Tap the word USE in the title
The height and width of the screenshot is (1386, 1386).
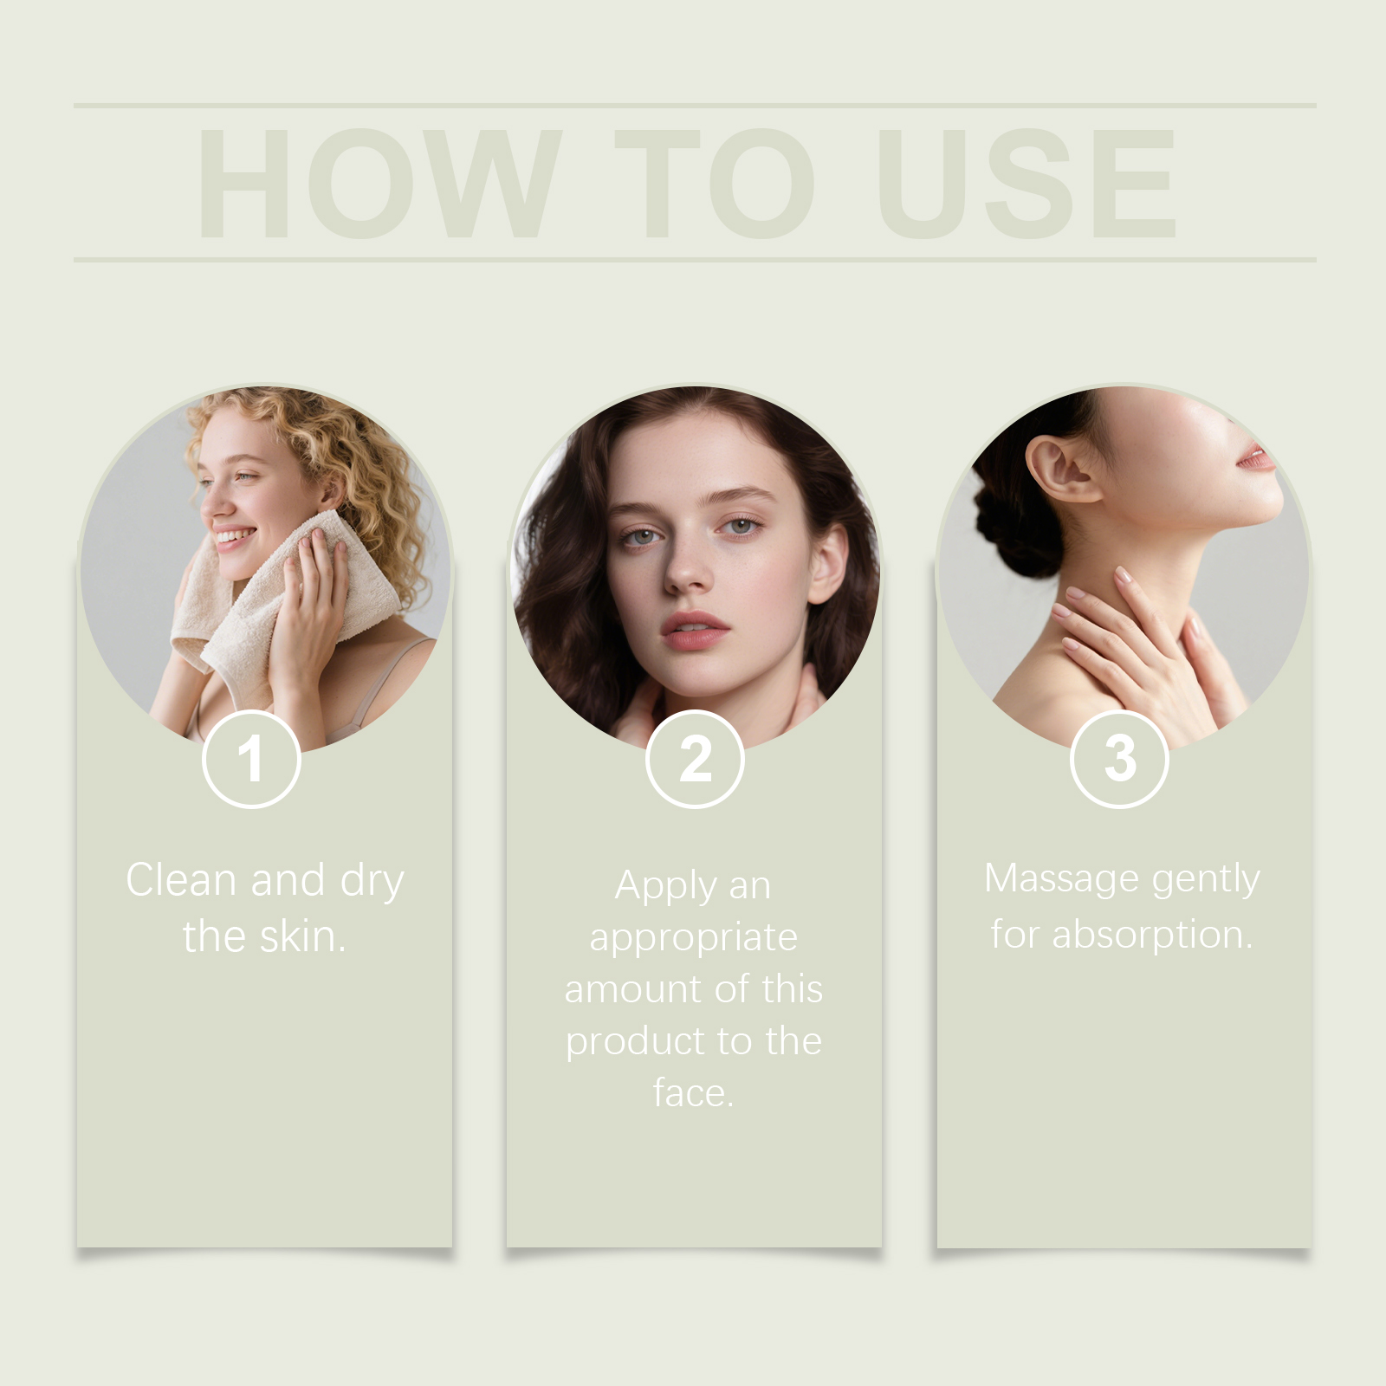coord(1027,183)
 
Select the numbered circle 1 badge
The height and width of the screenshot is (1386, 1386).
coord(251,759)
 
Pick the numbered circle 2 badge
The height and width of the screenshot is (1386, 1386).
coord(695,759)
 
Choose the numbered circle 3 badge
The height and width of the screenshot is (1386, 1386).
coord(1120,759)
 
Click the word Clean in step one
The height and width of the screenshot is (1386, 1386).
coord(181,880)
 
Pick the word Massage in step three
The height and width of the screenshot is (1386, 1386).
coord(1059,880)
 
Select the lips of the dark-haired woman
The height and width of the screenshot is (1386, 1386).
coord(695,629)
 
